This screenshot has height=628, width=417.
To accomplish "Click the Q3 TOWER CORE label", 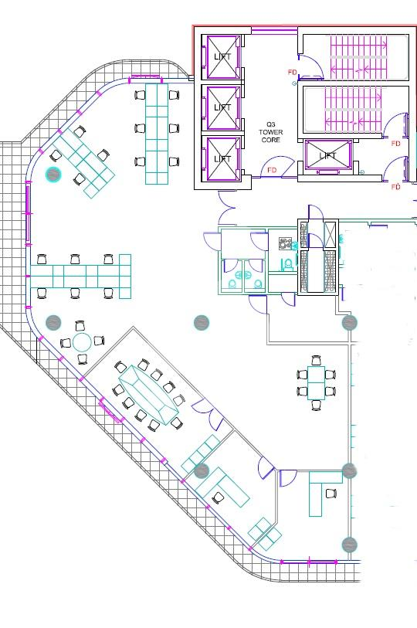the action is (271, 132).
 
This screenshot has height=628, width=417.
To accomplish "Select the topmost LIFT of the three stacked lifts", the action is (222, 56).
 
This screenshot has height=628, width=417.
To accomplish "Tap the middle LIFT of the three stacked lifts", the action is (222, 107).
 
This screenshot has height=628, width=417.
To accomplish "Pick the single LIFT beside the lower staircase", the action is (327, 155).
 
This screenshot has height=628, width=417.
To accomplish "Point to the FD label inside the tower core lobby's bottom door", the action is (272, 170).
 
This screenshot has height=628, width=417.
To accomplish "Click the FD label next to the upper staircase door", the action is (293, 72).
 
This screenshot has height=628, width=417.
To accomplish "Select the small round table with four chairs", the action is (83, 342).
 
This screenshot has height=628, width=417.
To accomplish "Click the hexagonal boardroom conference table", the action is (148, 394).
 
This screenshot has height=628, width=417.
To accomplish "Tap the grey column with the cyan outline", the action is (53, 175).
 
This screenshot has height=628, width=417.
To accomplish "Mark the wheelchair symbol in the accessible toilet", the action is (286, 243).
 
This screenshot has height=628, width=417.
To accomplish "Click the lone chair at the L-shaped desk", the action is (331, 494).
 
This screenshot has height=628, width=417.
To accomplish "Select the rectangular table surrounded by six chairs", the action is (316, 383).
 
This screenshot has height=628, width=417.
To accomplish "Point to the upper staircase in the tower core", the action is (356, 56).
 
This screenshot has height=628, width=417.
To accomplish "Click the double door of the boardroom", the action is (208, 412).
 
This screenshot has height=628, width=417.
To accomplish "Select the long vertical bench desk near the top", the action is (156, 134).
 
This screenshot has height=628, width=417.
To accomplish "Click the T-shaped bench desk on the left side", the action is (81, 277).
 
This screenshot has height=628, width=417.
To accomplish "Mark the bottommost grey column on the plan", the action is (349, 545).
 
